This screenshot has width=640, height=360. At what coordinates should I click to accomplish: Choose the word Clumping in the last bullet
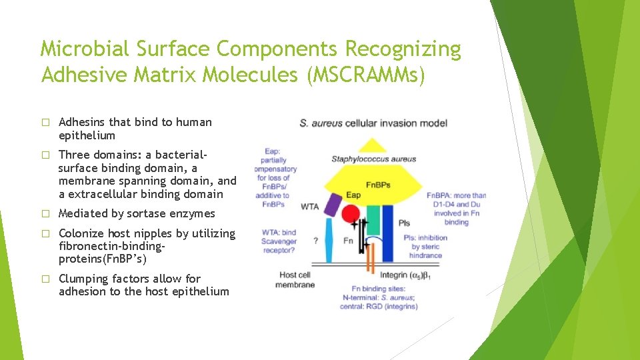click(83, 279)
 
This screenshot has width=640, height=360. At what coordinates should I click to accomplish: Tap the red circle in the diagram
click(351, 214)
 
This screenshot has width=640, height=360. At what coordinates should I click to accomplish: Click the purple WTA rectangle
click(332, 205)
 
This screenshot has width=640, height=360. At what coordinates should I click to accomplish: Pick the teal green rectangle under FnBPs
click(373, 219)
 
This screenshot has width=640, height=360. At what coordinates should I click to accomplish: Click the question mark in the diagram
click(314, 241)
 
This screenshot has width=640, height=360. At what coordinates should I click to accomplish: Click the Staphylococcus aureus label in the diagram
click(373, 159)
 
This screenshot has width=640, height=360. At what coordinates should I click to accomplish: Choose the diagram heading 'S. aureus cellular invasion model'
click(373, 123)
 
